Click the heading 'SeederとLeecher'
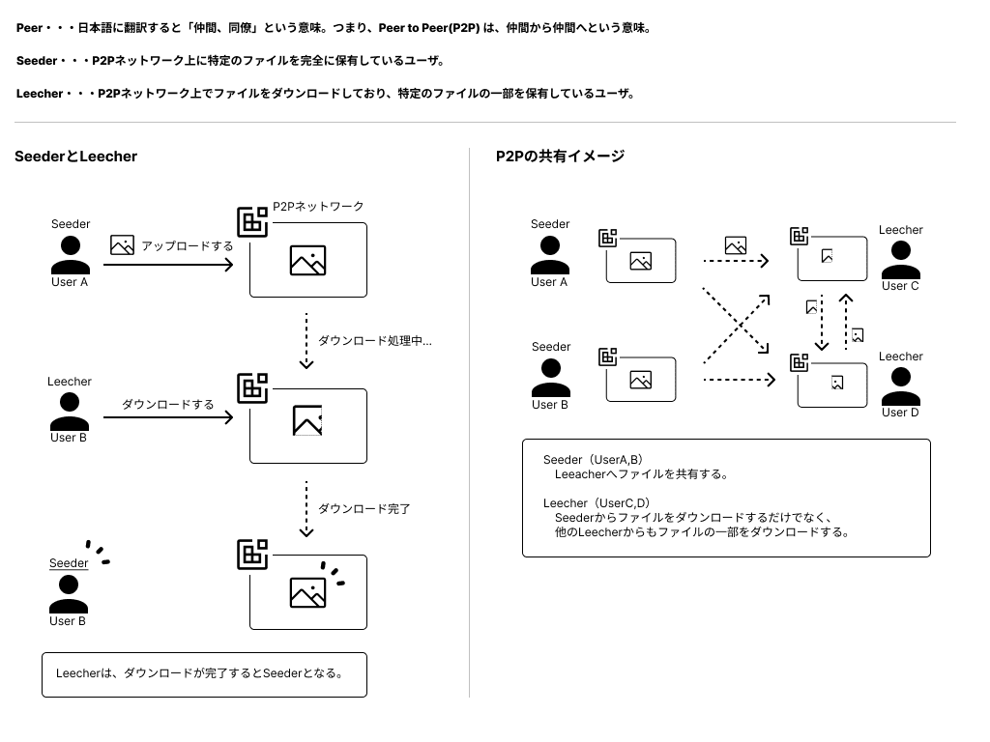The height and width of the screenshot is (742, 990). (x=76, y=157)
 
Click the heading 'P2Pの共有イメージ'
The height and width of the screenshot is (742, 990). (x=561, y=157)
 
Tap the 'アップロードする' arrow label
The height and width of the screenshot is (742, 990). (x=188, y=245)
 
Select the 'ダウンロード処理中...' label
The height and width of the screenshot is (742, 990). (x=374, y=341)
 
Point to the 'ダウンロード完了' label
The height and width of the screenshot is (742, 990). (x=364, y=508)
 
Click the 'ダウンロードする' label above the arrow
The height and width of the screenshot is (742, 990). (x=168, y=404)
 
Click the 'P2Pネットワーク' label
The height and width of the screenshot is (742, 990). (x=318, y=207)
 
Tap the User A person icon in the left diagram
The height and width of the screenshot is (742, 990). (x=70, y=254)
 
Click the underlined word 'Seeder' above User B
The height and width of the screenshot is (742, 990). (x=69, y=563)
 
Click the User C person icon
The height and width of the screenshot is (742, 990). (x=900, y=259)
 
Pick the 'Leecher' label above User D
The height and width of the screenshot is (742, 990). (x=900, y=357)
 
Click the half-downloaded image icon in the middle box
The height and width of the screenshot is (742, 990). (x=307, y=420)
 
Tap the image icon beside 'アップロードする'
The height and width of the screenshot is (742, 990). (x=122, y=245)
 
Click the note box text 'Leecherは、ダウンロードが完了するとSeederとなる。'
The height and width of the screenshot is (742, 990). (x=199, y=673)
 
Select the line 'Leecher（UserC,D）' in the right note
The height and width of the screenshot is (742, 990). (x=596, y=503)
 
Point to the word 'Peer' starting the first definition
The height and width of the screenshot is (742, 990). (x=29, y=28)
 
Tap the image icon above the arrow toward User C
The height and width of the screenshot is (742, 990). (x=736, y=245)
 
